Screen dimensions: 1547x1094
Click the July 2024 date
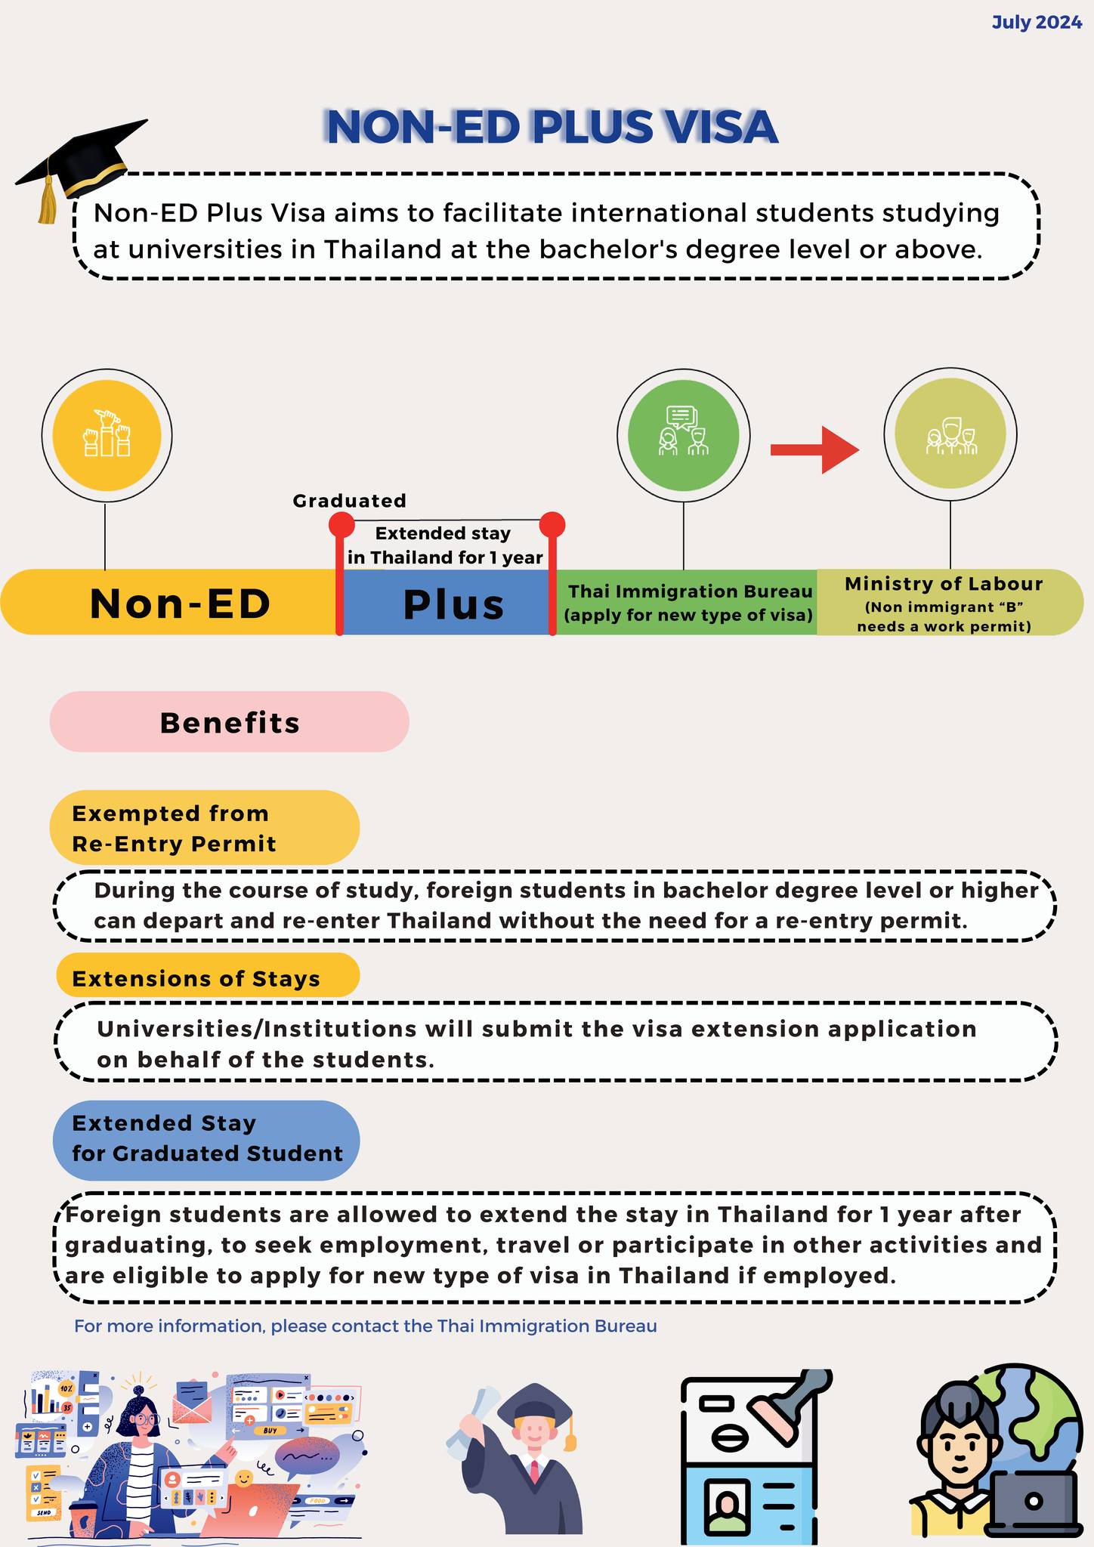point(1037,23)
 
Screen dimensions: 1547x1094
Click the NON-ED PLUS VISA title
point(552,127)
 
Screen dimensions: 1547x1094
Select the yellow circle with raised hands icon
point(107,435)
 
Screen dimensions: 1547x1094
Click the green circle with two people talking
point(683,435)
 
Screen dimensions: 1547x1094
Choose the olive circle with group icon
point(950,434)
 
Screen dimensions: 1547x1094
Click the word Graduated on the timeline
point(349,501)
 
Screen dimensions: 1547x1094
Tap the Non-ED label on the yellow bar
point(180,604)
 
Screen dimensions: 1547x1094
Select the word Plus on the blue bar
point(453,604)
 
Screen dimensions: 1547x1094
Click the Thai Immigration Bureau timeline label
point(689,603)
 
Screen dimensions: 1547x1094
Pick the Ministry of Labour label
point(944,604)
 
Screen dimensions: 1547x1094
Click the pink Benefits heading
point(230,722)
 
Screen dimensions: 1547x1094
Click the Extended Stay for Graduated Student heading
point(206,1138)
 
